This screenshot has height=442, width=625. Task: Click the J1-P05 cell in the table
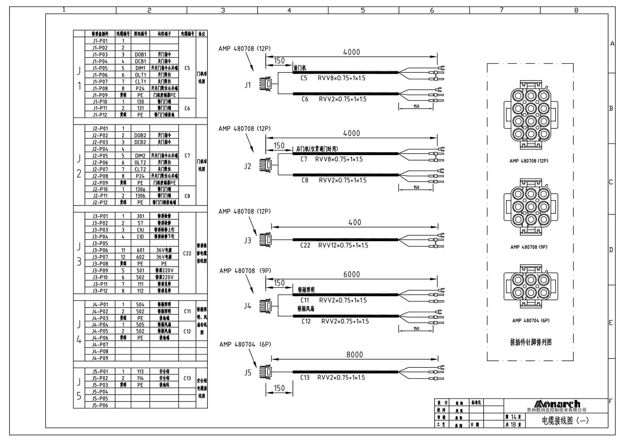(100, 68)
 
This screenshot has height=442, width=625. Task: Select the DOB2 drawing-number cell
(140, 135)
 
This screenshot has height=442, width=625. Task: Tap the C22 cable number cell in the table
(187, 253)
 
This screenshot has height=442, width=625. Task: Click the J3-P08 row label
(100, 264)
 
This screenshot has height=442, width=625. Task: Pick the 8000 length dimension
(354, 355)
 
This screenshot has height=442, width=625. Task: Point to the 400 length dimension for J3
(354, 223)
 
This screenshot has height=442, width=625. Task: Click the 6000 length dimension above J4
(351, 275)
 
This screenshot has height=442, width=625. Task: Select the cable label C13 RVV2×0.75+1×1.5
(333, 378)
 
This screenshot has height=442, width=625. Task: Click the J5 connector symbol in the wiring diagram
(266, 371)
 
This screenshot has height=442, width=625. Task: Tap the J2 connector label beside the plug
(248, 166)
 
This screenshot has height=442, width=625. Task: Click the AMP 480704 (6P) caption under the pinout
(531, 321)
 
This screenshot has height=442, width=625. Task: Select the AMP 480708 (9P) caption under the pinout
(529, 247)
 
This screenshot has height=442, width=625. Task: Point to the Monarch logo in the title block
(556, 404)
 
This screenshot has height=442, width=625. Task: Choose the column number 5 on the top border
(363, 10)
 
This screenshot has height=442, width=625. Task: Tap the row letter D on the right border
(611, 250)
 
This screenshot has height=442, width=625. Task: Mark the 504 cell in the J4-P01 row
(140, 305)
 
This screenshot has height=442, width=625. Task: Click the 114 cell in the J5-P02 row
(140, 378)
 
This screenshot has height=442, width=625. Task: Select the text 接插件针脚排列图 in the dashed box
(530, 342)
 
